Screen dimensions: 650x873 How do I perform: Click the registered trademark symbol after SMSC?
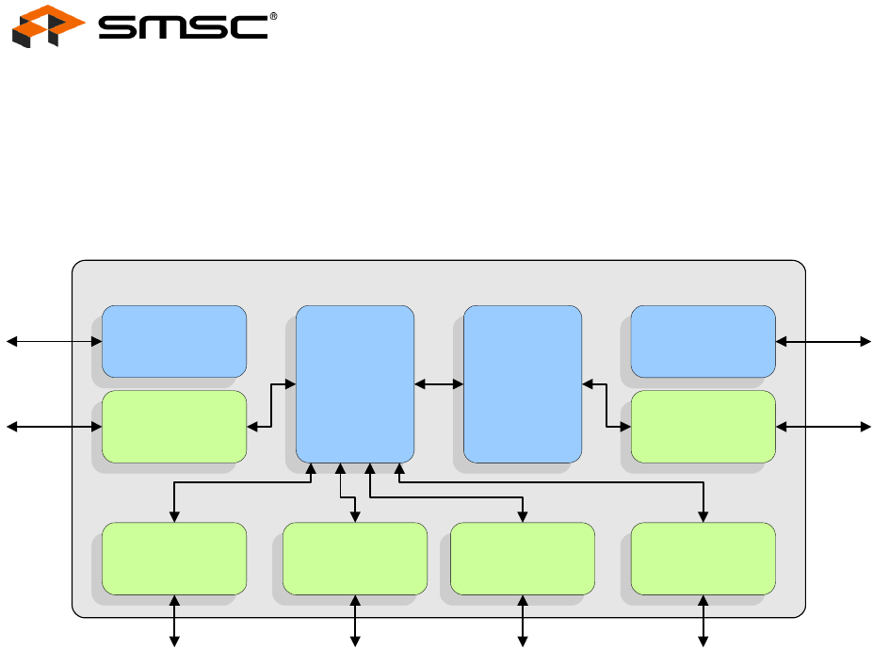pyautogui.click(x=274, y=16)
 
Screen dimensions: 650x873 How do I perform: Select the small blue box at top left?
pyautogui.click(x=174, y=340)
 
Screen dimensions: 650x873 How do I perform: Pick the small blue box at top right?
pyautogui.click(x=703, y=340)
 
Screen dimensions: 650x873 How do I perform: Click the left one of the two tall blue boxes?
pyautogui.click(x=355, y=383)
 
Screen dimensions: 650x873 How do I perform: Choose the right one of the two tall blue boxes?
pyautogui.click(x=523, y=383)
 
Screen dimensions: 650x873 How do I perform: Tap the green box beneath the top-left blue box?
pyautogui.click(x=174, y=427)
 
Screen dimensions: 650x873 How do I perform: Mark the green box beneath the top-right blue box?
pyautogui.click(x=703, y=427)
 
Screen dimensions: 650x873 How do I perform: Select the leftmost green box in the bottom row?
pyautogui.click(x=174, y=559)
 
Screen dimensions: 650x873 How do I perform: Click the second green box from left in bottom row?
pyautogui.click(x=355, y=559)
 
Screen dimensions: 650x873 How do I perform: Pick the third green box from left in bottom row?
pyautogui.click(x=523, y=559)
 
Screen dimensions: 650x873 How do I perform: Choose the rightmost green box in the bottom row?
pyautogui.click(x=703, y=559)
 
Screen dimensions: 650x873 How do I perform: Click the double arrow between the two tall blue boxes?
pyautogui.click(x=439, y=383)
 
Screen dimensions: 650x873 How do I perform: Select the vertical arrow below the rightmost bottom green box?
pyautogui.click(x=703, y=620)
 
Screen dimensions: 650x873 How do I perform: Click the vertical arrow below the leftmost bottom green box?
pyautogui.click(x=174, y=620)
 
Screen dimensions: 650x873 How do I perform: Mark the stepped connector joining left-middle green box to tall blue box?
pyautogui.click(x=271, y=405)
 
